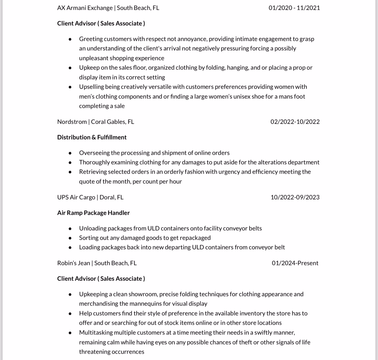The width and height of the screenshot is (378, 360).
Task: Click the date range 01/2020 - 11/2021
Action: click(294, 8)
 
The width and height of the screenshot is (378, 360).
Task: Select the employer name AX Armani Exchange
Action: click(85, 8)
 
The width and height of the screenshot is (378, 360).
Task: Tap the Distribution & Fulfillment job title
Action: click(92, 137)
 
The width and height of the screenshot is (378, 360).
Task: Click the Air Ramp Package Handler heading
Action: click(93, 213)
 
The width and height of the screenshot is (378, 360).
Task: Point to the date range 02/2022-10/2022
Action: click(295, 122)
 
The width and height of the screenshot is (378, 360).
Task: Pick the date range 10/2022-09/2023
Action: click(295, 197)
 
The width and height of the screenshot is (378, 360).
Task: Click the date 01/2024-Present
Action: click(295, 263)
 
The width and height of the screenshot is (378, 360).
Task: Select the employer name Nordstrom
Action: click(72, 122)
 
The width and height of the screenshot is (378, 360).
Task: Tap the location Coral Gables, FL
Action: click(112, 122)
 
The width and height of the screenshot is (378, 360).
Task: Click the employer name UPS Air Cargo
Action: click(76, 197)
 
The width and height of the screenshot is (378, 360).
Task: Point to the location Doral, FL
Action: click(111, 197)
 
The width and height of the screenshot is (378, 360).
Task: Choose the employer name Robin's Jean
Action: click(73, 263)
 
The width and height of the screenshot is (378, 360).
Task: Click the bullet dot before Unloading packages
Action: click(70, 229)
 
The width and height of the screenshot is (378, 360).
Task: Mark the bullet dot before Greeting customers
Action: click(70, 39)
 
